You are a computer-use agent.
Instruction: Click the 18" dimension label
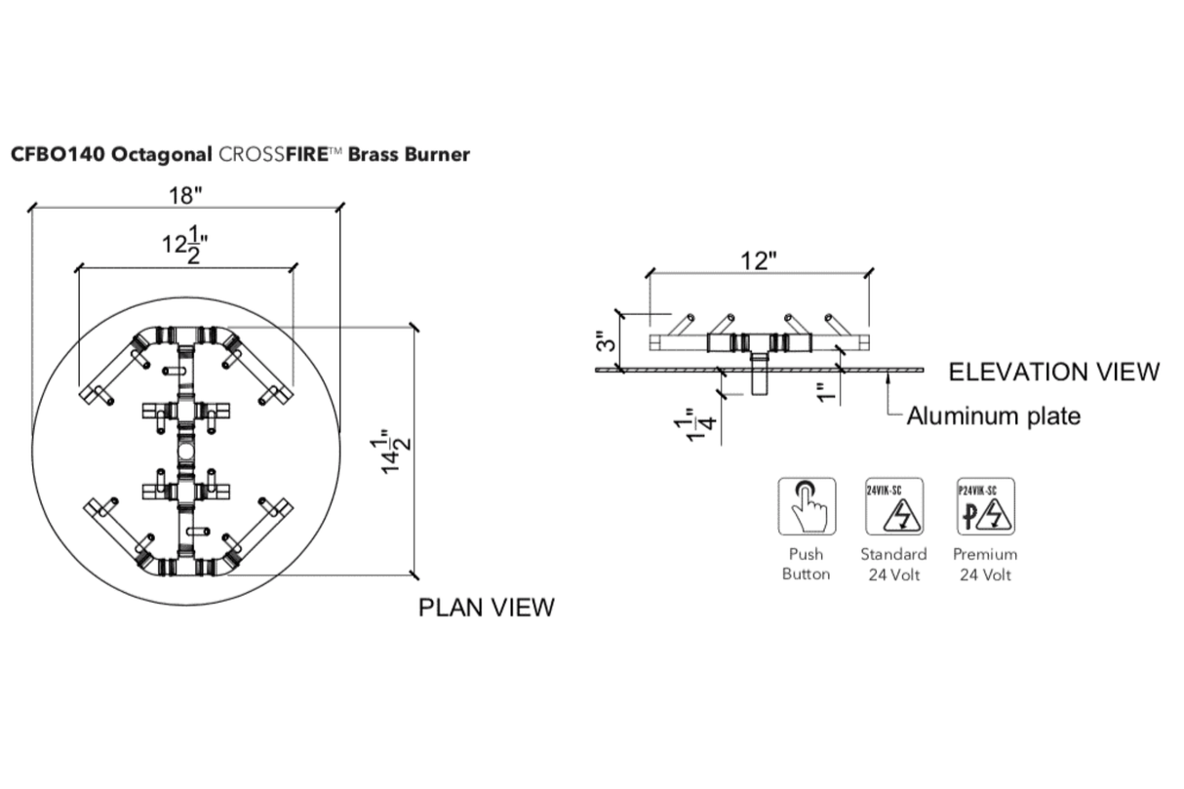tap(184, 194)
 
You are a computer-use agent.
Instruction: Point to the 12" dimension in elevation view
tap(758, 260)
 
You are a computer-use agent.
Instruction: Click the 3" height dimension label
tap(606, 341)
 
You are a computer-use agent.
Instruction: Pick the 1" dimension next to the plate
tap(826, 391)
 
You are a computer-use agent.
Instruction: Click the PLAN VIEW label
tap(486, 607)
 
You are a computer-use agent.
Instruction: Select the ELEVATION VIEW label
tap(1054, 372)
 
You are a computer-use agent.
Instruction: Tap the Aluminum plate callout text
tap(993, 416)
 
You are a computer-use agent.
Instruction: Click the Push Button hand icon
tap(806, 505)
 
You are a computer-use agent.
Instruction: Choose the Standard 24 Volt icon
tap(893, 505)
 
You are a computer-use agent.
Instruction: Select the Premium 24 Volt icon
tap(985, 505)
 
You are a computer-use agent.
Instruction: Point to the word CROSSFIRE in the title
tap(274, 154)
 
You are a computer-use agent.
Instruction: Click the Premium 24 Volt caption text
tap(985, 564)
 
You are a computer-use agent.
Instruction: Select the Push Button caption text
tap(806, 564)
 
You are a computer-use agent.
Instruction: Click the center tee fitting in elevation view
tap(757, 343)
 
